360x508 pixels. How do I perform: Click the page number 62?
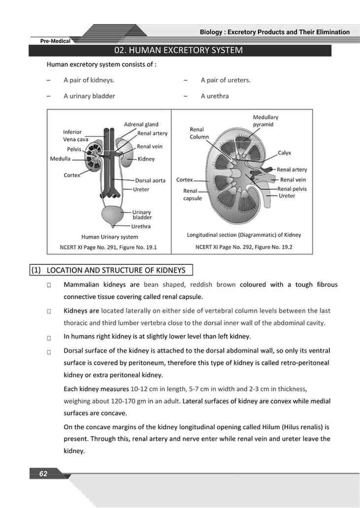click(x=43, y=474)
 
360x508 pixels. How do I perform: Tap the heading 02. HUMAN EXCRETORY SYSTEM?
click(x=178, y=50)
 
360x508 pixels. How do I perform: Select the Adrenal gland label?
click(x=141, y=125)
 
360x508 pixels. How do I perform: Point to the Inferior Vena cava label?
click(x=72, y=135)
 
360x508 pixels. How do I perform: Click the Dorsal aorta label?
click(x=150, y=181)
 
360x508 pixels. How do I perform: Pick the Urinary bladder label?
click(x=142, y=215)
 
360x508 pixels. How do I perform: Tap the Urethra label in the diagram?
click(x=141, y=226)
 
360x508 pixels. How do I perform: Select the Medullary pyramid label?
click(x=265, y=121)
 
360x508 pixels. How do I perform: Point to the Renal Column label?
click(x=199, y=133)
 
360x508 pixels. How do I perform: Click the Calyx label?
click(x=284, y=153)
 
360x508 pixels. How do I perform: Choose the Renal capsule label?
click(x=192, y=194)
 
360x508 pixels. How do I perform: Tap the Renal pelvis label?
click(x=292, y=189)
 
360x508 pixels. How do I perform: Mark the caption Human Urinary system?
click(x=109, y=237)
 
